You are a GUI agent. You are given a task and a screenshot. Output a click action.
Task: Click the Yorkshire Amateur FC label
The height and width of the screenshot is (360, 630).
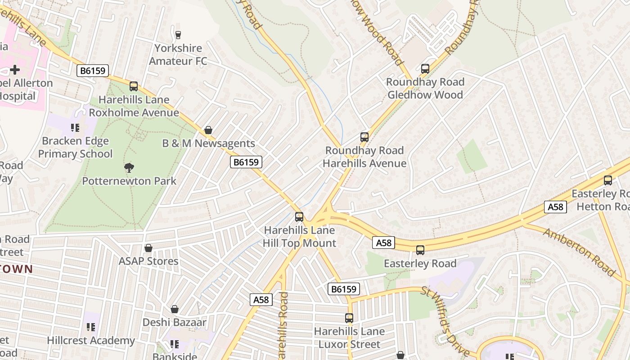178,54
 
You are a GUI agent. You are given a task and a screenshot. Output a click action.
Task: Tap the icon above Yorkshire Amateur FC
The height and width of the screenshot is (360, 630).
178,35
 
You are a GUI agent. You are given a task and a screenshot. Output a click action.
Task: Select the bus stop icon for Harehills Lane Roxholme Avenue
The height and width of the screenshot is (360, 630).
134,86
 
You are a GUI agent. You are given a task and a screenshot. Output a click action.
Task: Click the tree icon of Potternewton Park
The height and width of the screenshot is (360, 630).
129,168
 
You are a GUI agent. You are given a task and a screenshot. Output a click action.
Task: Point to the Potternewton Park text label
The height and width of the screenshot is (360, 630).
129,181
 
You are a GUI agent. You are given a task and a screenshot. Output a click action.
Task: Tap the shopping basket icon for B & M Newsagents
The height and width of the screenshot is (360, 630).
208,130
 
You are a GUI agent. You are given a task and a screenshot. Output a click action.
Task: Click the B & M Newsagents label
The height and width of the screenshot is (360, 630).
208,144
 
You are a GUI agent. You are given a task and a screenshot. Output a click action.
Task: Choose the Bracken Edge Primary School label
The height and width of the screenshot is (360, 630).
75,147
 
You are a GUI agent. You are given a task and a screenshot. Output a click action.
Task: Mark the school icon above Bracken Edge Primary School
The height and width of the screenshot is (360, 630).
75,128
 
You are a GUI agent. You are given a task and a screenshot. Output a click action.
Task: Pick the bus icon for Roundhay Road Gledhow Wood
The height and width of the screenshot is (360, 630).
425,69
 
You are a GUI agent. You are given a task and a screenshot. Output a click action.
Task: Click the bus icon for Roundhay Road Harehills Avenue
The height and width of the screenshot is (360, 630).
364,137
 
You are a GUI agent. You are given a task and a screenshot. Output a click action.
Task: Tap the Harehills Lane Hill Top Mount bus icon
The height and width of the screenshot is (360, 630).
299,217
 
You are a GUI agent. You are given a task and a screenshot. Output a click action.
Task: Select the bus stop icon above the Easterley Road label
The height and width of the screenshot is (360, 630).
420,250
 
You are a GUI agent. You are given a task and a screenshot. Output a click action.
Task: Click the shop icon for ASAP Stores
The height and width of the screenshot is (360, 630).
148,248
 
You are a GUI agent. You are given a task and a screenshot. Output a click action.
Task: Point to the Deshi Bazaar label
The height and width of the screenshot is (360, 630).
175,322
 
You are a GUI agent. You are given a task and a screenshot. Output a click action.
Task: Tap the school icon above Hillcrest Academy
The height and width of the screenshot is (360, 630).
91,327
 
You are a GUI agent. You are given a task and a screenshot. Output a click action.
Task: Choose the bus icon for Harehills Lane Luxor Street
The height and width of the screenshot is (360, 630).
349,318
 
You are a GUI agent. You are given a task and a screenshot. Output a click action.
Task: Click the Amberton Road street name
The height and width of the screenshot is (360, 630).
579,252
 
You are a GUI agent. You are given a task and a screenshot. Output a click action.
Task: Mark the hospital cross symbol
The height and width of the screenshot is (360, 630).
15,70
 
